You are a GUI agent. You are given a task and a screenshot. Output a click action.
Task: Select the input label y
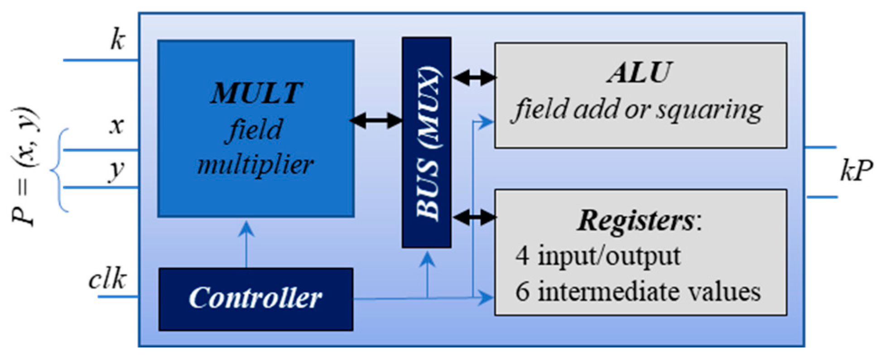coord(116,171)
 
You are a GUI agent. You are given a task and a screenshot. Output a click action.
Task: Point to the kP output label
coord(856,172)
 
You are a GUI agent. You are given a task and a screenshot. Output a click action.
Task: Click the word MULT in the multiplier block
coord(256,93)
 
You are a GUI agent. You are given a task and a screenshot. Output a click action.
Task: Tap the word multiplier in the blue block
coord(255,164)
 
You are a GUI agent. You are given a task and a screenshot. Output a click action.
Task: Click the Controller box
coord(255,299)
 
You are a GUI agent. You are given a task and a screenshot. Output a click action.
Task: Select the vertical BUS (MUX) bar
coord(427,143)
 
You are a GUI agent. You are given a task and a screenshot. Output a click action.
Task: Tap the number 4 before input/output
coord(522,256)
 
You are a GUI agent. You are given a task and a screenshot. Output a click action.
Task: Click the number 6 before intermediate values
coord(522,291)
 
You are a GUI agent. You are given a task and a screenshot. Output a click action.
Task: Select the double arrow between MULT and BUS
coord(376,120)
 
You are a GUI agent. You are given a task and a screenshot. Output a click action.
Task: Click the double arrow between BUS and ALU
coord(474,77)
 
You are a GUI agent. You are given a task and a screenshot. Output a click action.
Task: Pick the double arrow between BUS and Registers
coord(474,217)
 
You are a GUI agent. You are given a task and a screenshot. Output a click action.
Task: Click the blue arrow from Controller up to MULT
coord(246,245)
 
